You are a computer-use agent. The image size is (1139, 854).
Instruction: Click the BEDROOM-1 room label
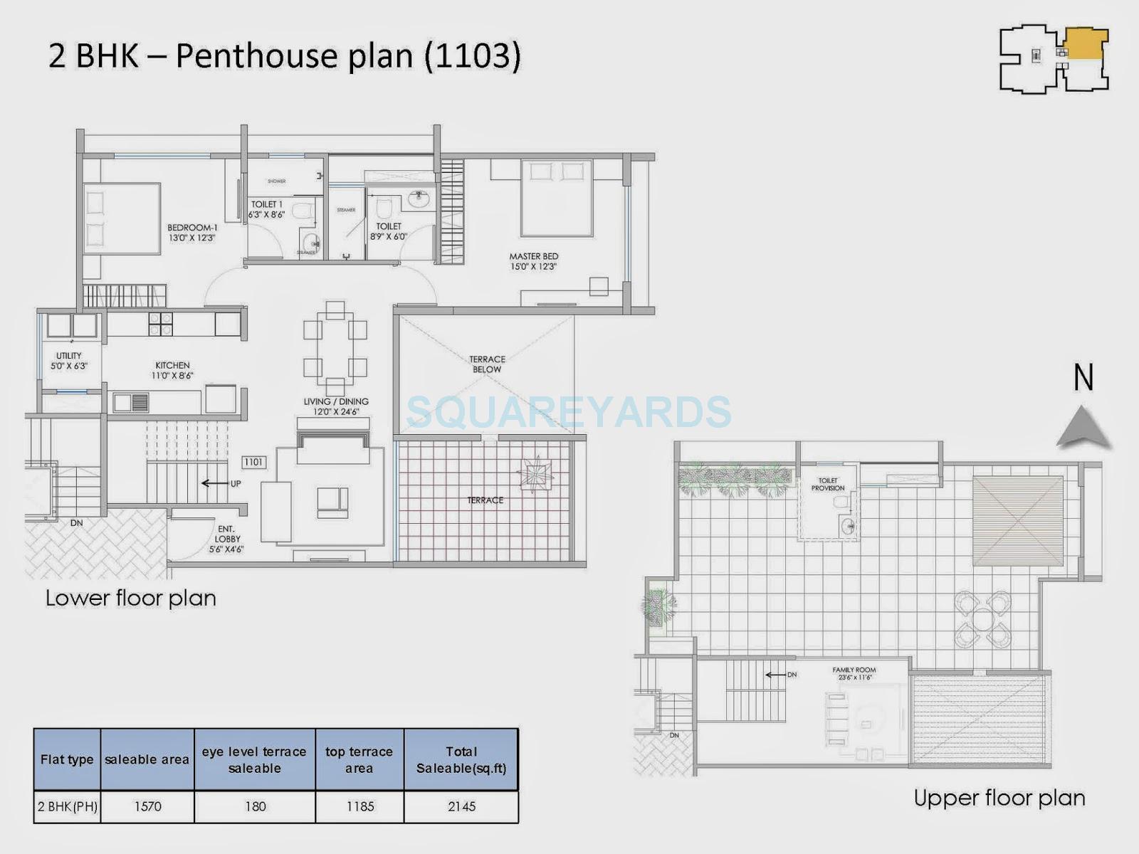tap(191, 233)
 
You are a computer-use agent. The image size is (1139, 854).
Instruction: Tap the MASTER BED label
tap(533, 261)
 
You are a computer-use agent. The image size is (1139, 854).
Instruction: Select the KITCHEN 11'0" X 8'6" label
tap(172, 370)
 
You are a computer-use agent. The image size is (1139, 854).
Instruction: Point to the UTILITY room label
tap(68, 361)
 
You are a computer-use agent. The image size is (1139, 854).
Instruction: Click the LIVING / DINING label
tap(336, 406)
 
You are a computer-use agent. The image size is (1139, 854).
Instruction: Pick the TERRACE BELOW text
tap(487, 364)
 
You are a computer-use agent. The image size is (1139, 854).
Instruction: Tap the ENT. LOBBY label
tap(226, 539)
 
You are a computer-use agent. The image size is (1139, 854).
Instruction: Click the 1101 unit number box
tap(253, 463)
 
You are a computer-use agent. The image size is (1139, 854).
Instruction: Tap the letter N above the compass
tap(1083, 377)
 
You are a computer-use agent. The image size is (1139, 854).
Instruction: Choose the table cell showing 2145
tap(461, 806)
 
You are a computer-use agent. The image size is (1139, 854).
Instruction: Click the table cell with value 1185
tap(359, 806)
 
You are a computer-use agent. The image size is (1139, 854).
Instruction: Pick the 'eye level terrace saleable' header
tap(254, 759)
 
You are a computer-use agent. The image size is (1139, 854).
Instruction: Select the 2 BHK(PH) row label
tap(68, 806)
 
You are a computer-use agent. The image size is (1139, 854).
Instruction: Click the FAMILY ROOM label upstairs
tap(854, 673)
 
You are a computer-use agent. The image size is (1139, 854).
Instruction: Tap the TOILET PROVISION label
tap(828, 485)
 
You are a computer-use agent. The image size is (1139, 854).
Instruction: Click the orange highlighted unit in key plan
tap(1085, 44)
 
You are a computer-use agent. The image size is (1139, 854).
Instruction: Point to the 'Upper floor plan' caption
tap(999, 798)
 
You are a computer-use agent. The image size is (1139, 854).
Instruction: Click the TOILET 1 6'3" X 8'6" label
tap(267, 209)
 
